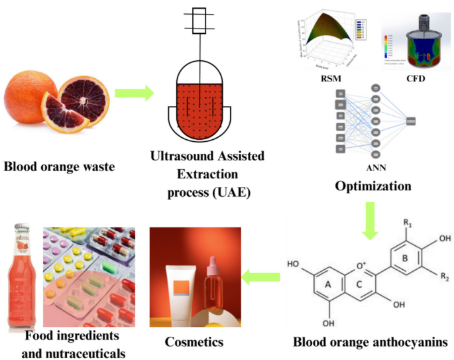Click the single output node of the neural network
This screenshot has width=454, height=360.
(x=410, y=121)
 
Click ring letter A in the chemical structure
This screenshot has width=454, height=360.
(x=328, y=283)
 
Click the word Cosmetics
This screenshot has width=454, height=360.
(x=194, y=342)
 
